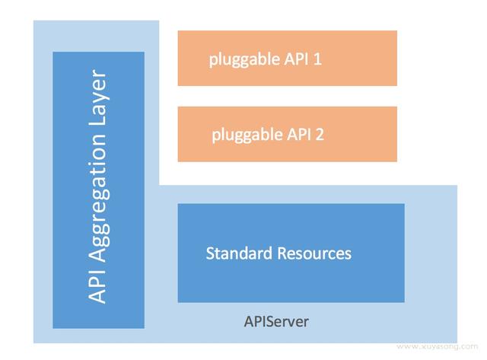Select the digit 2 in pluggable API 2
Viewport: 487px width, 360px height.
pyautogui.click(x=320, y=135)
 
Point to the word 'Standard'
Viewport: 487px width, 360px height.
pyautogui.click(x=235, y=253)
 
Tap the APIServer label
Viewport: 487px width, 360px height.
pyautogui.click(x=275, y=321)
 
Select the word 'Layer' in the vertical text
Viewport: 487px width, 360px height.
pyautogui.click(x=98, y=103)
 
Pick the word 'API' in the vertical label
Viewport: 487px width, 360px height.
pyautogui.click(x=98, y=286)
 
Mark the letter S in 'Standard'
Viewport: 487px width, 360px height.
pyautogui.click(x=211, y=253)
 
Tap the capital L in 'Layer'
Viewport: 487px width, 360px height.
pyautogui.click(x=98, y=126)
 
